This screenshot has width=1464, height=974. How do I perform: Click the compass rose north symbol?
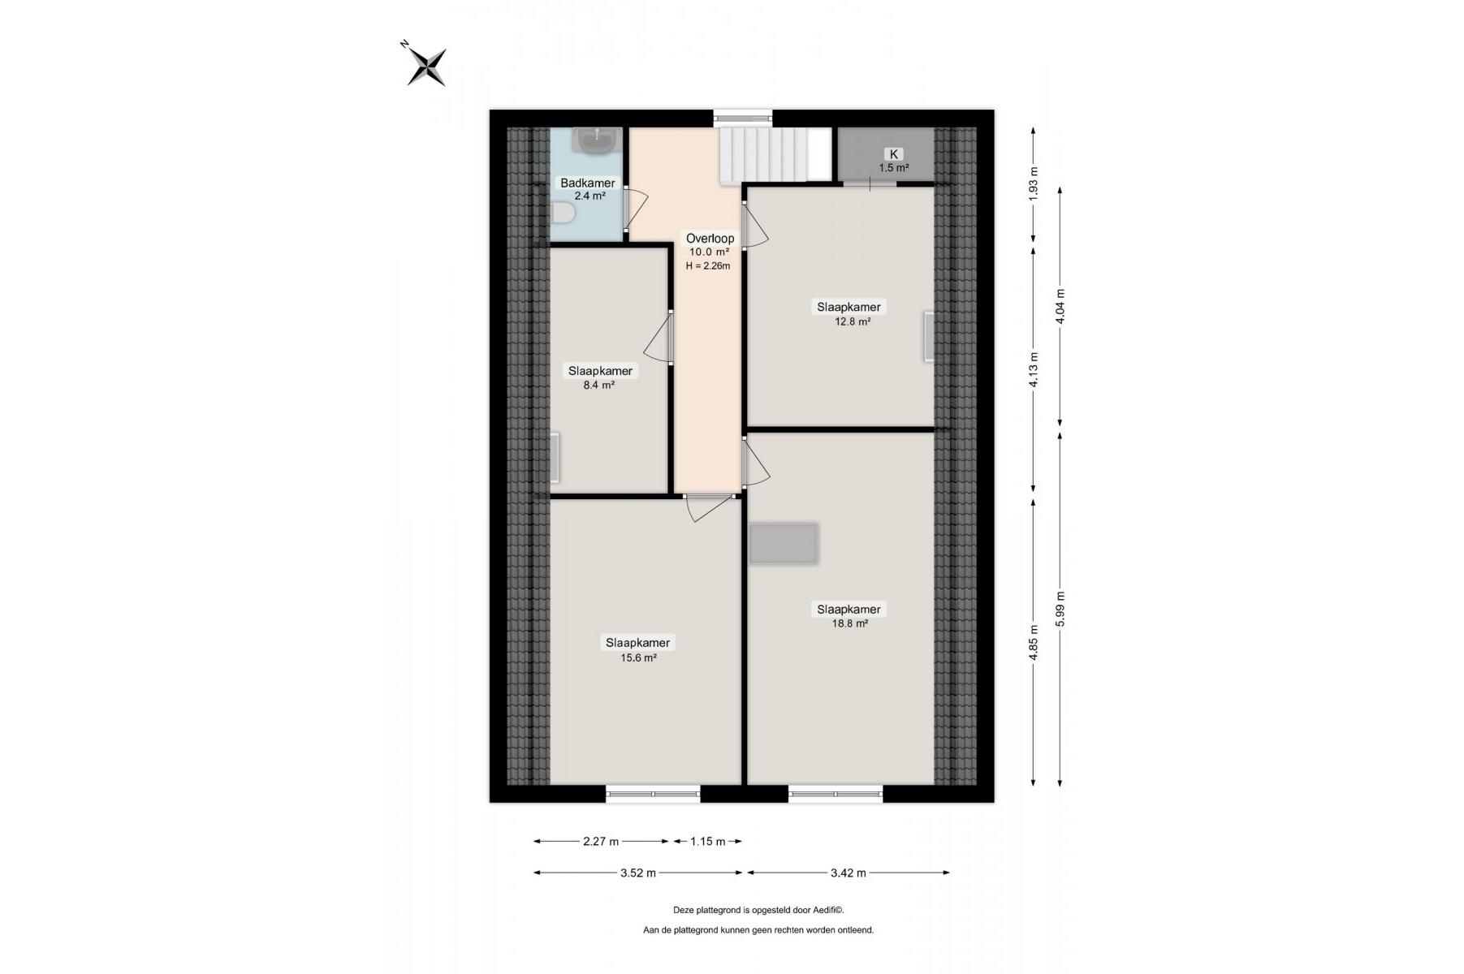[425, 65]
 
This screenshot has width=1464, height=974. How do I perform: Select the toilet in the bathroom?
[563, 213]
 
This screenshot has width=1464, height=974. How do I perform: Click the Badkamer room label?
[587, 183]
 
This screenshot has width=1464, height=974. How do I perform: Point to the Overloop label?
[710, 238]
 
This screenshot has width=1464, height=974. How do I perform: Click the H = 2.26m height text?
[708, 265]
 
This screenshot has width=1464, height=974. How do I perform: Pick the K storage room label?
[894, 154]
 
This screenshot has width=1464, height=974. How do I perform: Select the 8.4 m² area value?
[598, 386]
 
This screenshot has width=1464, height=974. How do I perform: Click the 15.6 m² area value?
[638, 658]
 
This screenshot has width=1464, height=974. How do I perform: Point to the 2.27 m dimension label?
[601, 842]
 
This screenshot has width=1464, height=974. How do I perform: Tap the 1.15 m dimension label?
[707, 842]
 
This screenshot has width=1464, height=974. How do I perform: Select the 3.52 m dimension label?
[637, 873]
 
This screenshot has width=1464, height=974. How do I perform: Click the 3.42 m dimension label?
[848, 873]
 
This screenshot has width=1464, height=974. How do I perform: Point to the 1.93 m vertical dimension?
[1033, 183]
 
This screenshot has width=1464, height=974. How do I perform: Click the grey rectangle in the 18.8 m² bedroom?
[783, 544]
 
